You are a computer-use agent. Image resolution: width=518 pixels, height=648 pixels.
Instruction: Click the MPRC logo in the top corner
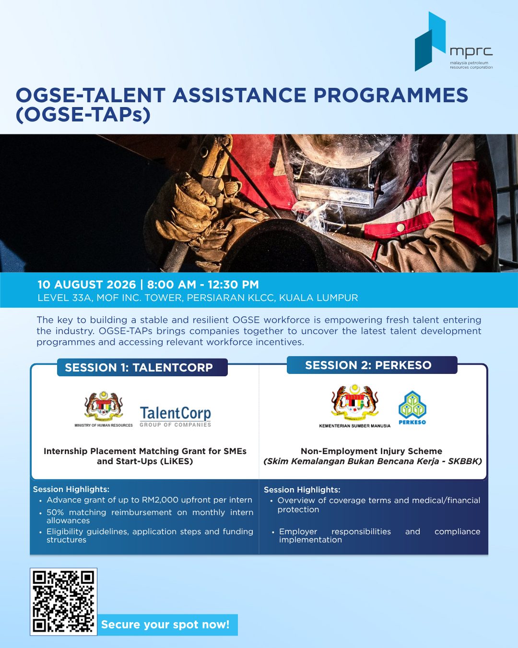(454, 41)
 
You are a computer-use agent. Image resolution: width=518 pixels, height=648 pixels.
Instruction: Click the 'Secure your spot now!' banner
(167, 624)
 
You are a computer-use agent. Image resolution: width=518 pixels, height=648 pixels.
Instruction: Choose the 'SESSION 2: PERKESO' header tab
(372, 365)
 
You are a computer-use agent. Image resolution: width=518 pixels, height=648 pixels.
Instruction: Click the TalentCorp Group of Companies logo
(175, 417)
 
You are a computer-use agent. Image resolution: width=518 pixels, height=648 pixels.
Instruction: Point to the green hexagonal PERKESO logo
(412, 408)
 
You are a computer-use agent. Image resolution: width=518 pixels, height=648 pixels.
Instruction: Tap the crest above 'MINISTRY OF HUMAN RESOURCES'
(104, 405)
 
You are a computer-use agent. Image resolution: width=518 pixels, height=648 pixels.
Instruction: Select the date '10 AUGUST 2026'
(87, 285)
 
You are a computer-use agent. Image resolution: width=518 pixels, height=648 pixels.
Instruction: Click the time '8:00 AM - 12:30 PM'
(203, 285)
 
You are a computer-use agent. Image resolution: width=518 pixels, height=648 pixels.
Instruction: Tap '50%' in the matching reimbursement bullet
(55, 513)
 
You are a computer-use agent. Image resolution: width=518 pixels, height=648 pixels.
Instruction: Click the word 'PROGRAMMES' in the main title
(391, 95)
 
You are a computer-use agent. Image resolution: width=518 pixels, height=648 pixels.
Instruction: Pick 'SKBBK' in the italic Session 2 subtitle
(463, 461)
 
